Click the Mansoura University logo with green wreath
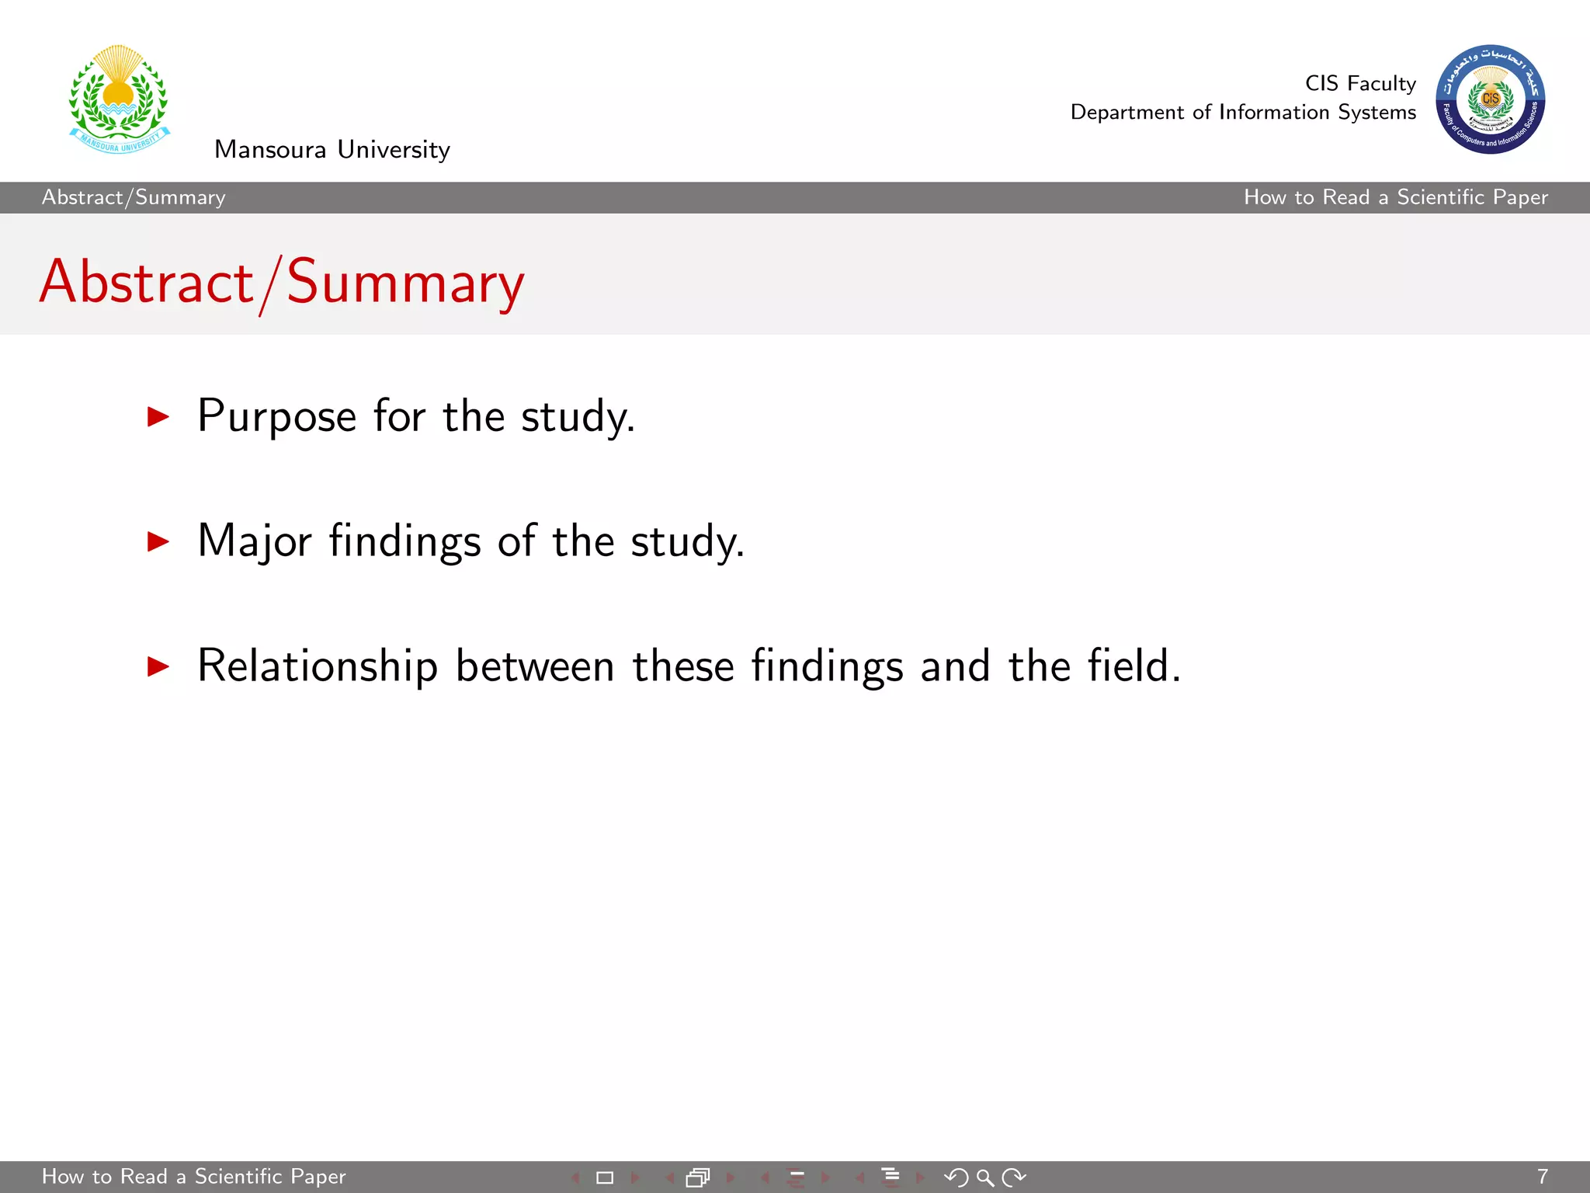[x=119, y=99]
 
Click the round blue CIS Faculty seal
[x=1490, y=99]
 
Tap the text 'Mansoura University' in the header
[x=332, y=149]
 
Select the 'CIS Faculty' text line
[x=1360, y=83]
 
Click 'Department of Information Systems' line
[x=1243, y=113]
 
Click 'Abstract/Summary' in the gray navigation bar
[x=134, y=197]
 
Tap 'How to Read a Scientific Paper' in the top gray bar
[x=1395, y=197]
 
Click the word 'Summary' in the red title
[x=405, y=283]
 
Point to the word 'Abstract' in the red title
[x=147, y=282]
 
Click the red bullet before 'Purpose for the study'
[x=158, y=417]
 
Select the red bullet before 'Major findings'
[x=158, y=541]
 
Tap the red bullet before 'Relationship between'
[x=158, y=666]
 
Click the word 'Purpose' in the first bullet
[x=277, y=417]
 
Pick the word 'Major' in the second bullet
[x=255, y=541]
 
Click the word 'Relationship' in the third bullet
[x=318, y=666]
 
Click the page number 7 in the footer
[x=1542, y=1177]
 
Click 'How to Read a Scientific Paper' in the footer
[x=193, y=1177]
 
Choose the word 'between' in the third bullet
[x=535, y=666]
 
